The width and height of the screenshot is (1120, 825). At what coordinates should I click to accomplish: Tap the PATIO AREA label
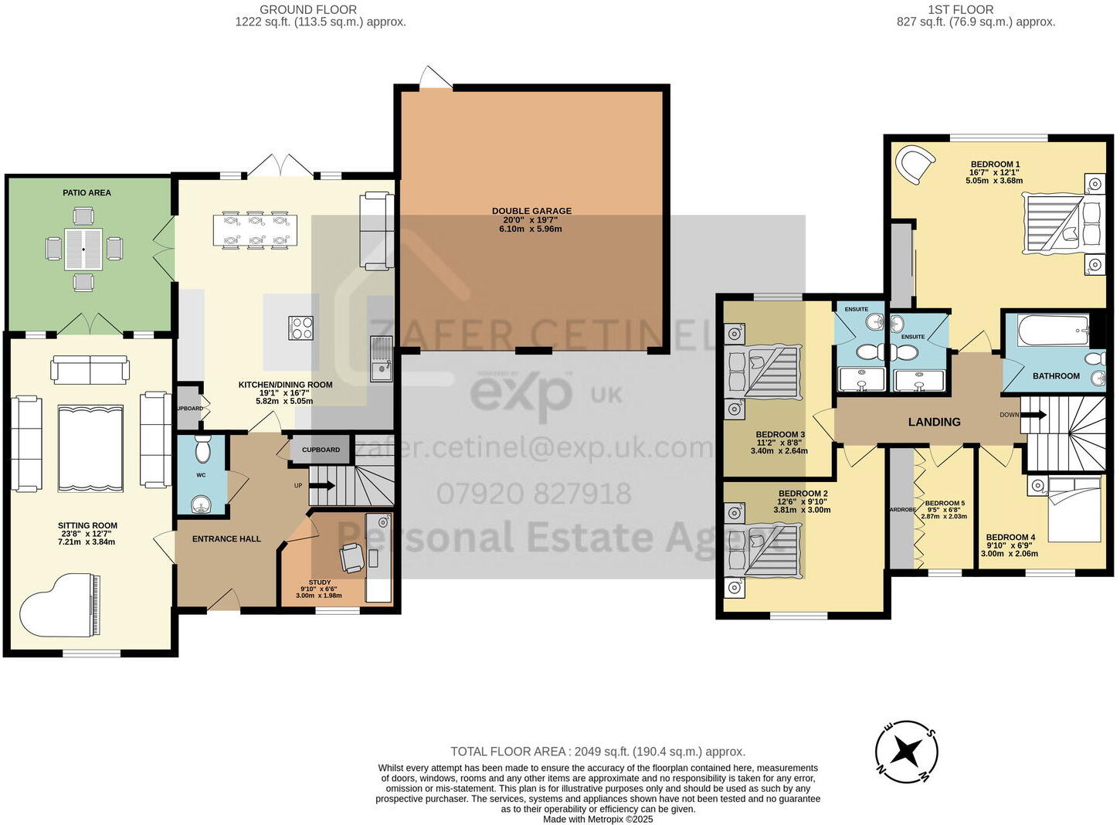pos(87,192)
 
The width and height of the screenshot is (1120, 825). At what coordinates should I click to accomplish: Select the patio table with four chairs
pos(83,250)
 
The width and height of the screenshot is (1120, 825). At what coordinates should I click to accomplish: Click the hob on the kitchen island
pos(300,328)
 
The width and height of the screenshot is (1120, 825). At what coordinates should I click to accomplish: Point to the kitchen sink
pos(381,360)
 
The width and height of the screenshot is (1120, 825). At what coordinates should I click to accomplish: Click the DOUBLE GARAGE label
pos(531,211)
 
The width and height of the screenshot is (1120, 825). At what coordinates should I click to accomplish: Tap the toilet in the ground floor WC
pos(202,450)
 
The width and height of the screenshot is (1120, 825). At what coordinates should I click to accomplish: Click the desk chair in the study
pos(352,557)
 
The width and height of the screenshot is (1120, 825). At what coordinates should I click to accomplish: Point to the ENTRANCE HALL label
pos(226,539)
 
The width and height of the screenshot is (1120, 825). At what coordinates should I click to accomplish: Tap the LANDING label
pos(934,422)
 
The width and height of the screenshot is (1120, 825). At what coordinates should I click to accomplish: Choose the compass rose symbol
pos(907,749)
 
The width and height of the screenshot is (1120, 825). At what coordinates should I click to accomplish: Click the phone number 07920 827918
pos(534,494)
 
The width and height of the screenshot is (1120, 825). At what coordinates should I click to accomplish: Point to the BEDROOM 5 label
pos(945,503)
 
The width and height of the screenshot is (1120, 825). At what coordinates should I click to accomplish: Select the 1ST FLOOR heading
pos(960,10)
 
